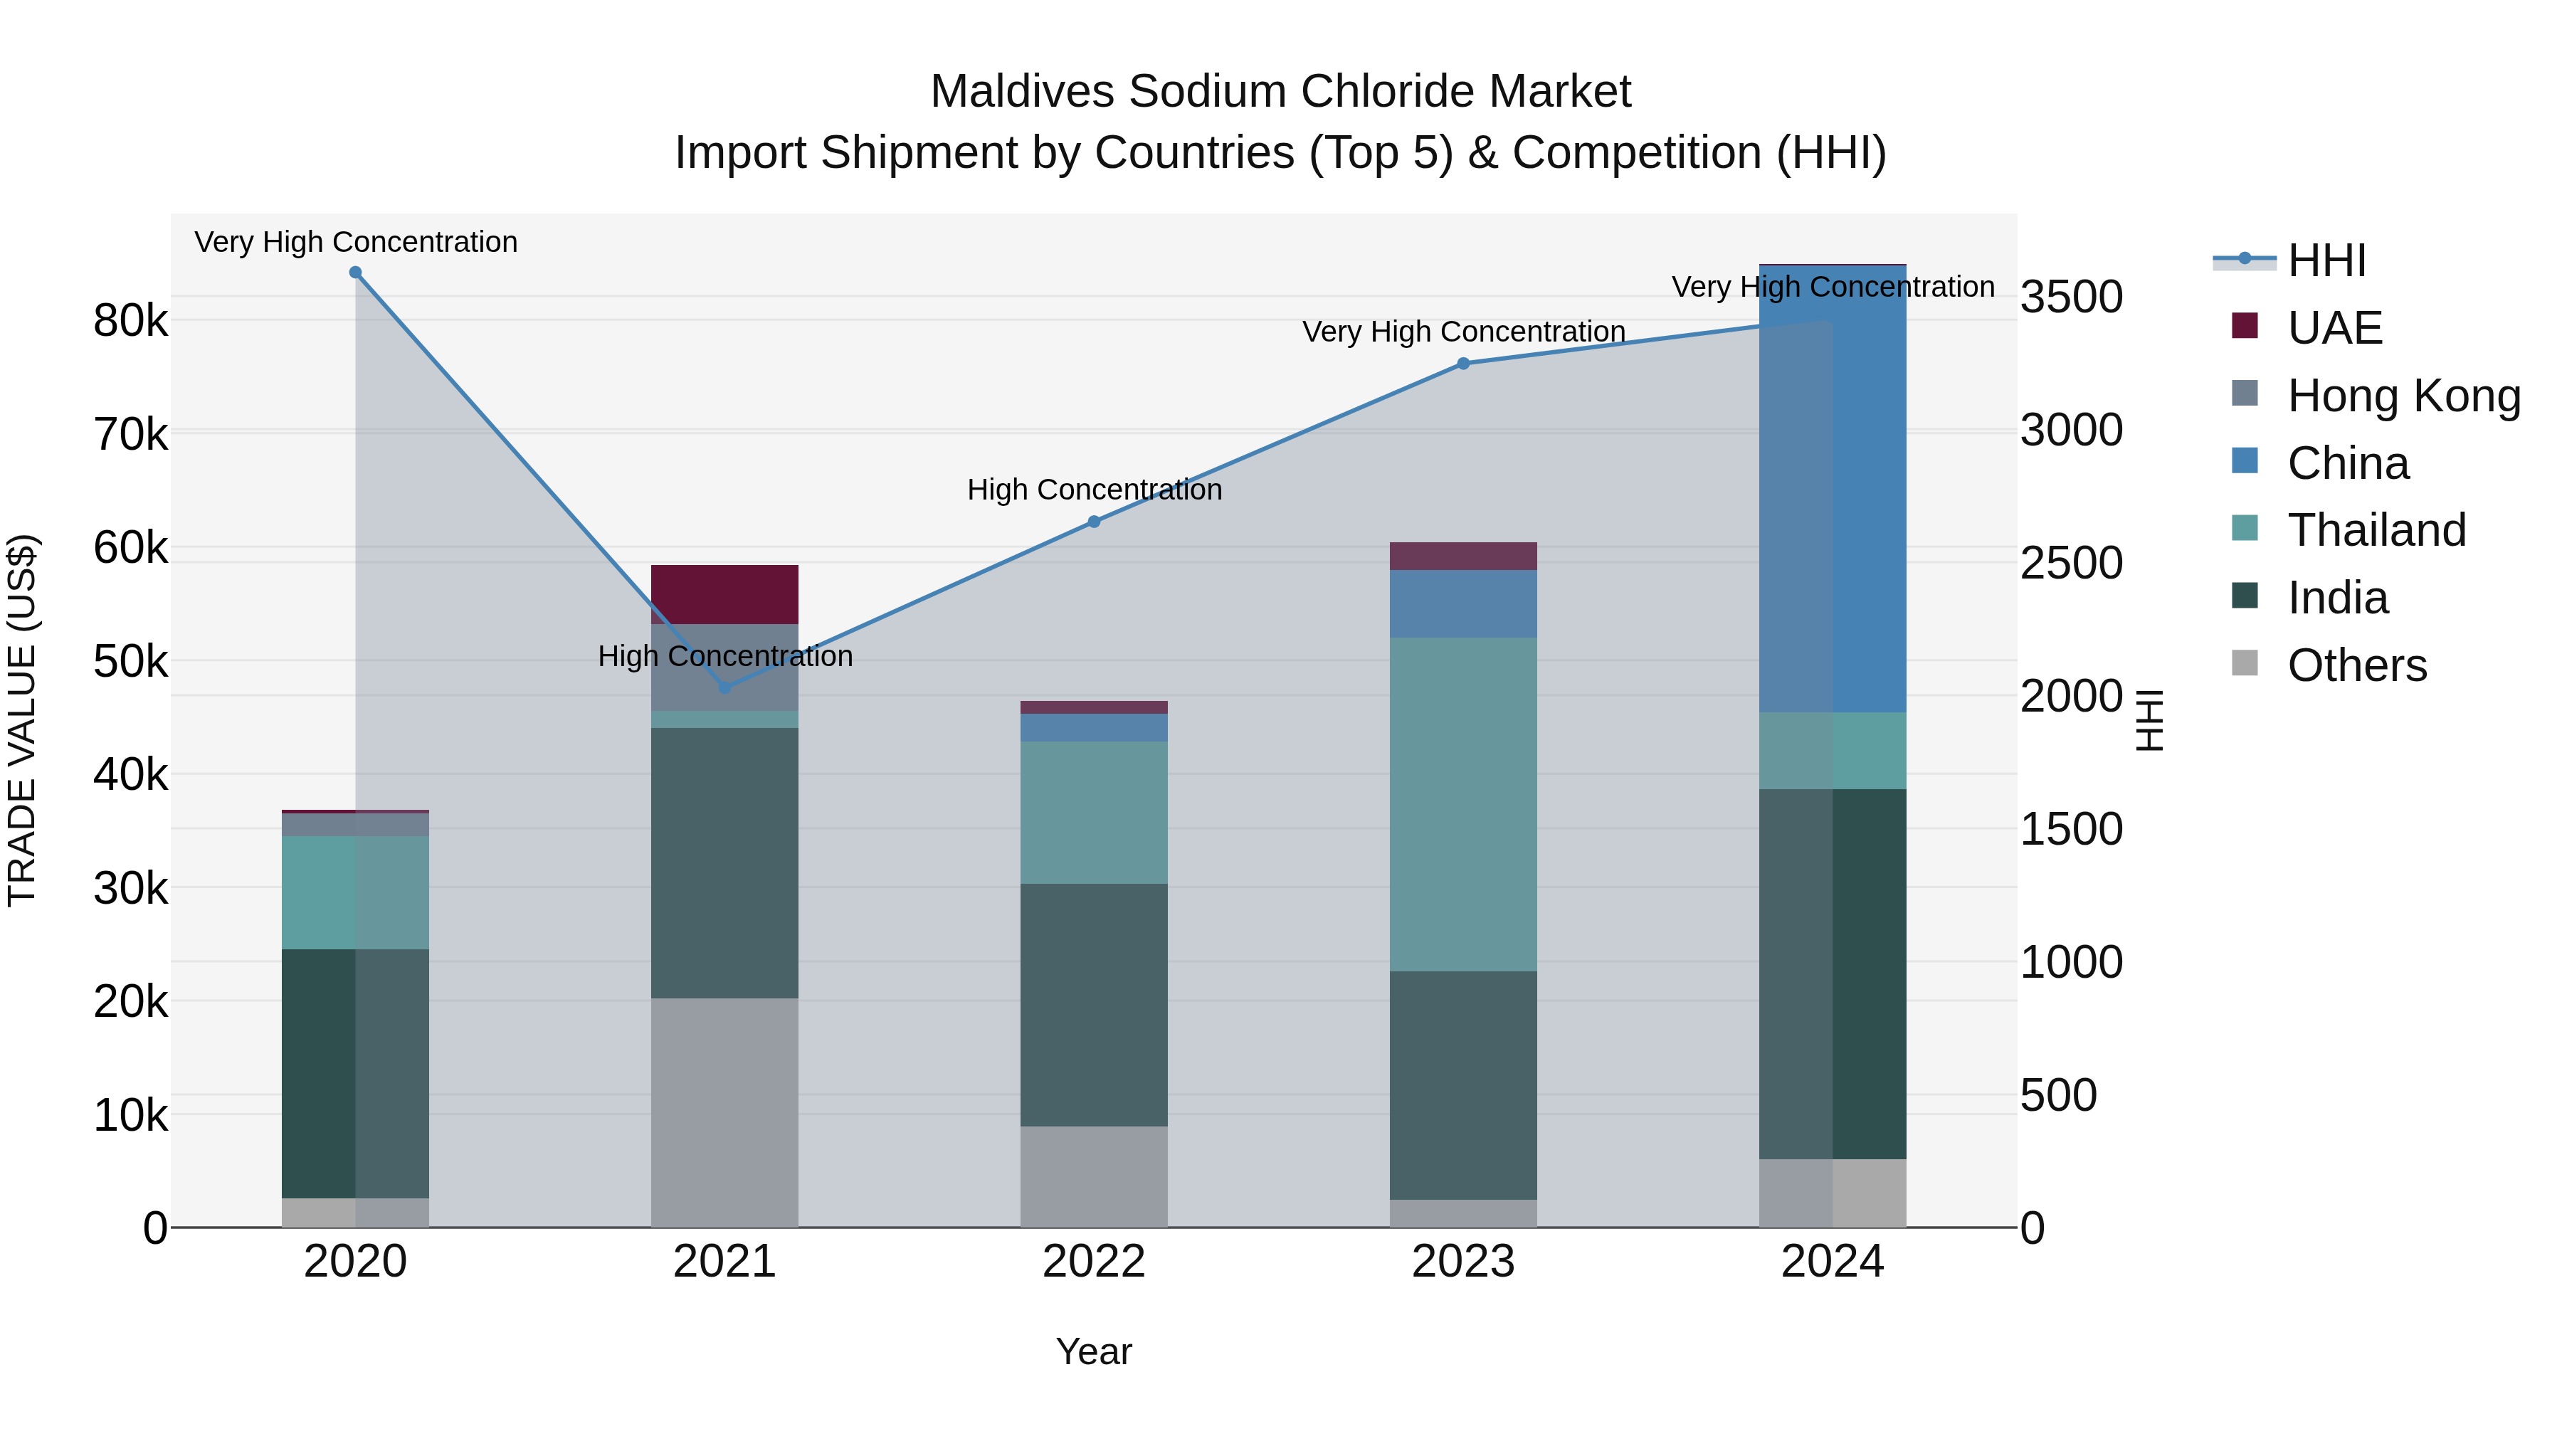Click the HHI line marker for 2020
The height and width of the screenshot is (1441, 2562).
click(355, 273)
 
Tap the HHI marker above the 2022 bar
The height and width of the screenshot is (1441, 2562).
click(1094, 522)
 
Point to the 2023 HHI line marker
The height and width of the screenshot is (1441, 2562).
click(1463, 364)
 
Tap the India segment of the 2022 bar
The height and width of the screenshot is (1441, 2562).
click(1094, 1004)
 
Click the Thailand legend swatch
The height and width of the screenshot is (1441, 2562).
click(2245, 528)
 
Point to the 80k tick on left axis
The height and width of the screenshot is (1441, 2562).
click(130, 320)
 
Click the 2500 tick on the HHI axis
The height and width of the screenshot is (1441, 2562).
click(2072, 563)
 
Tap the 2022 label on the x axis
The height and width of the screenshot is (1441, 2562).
click(1094, 1262)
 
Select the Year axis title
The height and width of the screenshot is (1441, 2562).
click(1094, 1351)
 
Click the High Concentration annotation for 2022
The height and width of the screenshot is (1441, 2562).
click(1094, 490)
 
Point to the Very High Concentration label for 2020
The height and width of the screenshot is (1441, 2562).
click(355, 242)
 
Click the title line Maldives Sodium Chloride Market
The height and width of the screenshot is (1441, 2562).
click(1280, 92)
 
